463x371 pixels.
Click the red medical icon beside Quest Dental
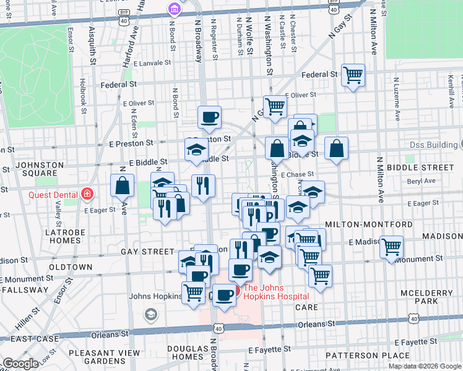tap(87, 194)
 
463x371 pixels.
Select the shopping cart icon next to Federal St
tap(352, 75)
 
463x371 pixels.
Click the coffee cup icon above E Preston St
tap(210, 116)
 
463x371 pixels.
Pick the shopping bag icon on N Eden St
tap(123, 184)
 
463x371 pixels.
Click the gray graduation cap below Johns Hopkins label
tap(150, 315)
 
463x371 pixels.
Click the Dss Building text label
tap(432, 145)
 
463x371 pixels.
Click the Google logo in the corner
tap(20, 364)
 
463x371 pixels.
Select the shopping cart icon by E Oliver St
tap(274, 106)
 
